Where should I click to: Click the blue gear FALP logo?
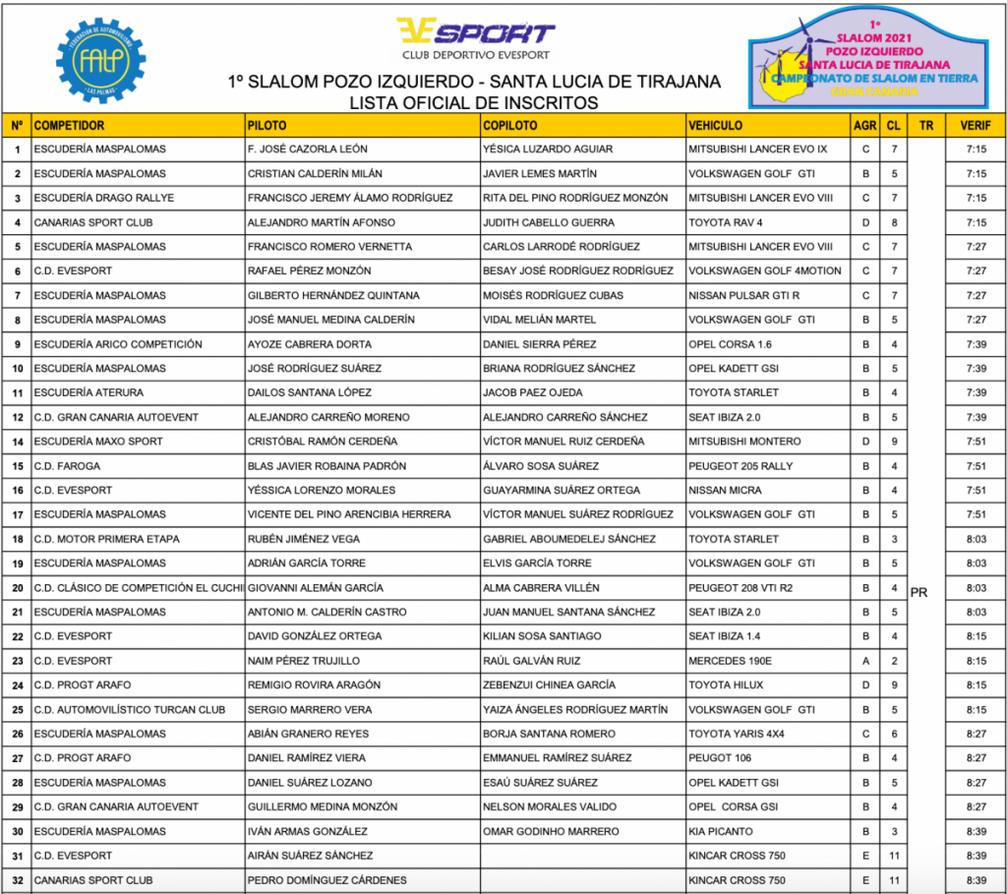point(101,60)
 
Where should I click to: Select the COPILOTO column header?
point(510,126)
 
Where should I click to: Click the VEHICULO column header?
point(716,126)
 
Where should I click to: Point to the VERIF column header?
point(976,126)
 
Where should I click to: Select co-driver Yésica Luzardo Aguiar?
point(548,149)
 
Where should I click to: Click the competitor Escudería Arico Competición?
point(118,344)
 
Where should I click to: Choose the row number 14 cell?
point(18,442)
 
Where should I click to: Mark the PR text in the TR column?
point(919,593)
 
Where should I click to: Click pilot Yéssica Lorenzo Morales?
point(322,490)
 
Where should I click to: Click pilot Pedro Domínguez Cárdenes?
point(327,880)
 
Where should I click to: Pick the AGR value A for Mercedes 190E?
point(865,661)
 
